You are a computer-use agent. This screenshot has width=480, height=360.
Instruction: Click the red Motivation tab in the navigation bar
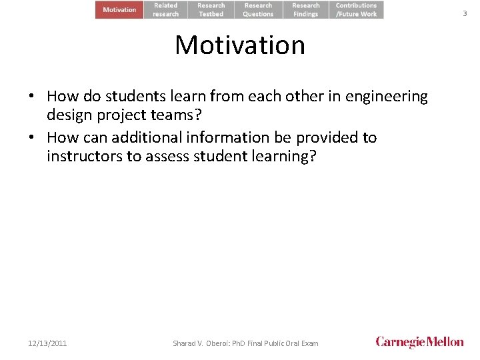coord(119,9)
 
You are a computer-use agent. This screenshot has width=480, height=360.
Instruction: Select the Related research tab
coord(166,9)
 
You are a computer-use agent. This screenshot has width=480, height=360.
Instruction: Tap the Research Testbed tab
coord(211,9)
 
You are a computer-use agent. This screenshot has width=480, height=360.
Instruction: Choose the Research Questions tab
coord(258,9)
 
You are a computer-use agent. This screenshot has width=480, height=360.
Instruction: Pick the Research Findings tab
coord(306,9)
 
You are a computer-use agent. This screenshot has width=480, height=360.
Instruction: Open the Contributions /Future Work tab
coord(356,9)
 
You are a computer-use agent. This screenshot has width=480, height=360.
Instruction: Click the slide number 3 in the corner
coord(465,13)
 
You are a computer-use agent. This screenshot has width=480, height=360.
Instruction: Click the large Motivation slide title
coord(240,45)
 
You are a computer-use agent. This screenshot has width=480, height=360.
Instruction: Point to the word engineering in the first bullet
coord(387,97)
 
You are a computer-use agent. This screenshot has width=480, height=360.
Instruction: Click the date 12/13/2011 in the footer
coord(47,343)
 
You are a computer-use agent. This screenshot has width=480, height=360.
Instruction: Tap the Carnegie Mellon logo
coord(419,342)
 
